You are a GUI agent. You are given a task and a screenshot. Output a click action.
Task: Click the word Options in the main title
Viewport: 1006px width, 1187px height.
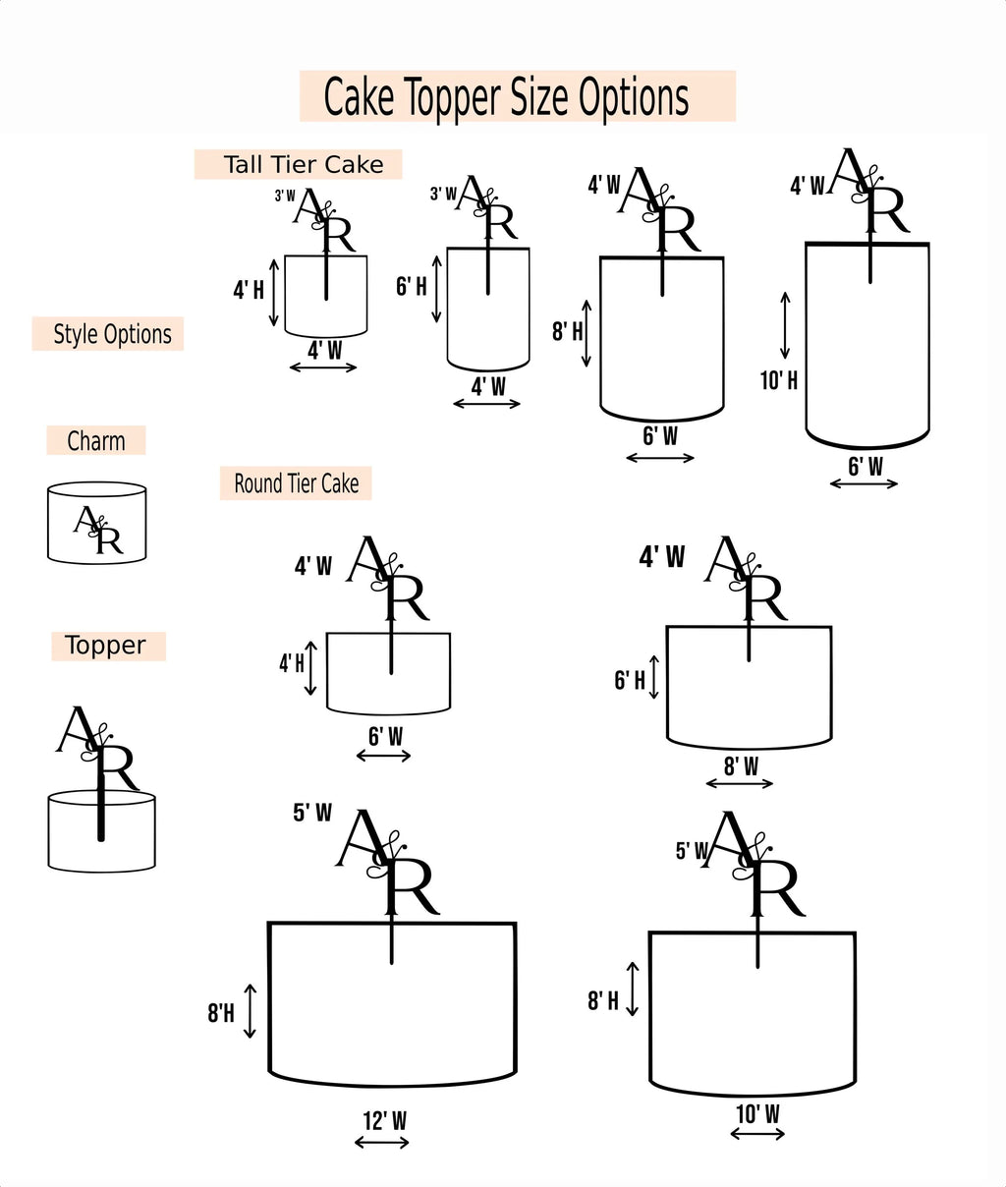pyautogui.click(x=634, y=97)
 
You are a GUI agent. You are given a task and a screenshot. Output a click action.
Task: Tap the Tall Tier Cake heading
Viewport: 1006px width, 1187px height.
pyautogui.click(x=303, y=164)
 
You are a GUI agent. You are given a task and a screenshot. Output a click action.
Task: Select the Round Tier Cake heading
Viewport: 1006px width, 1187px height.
pyautogui.click(x=296, y=483)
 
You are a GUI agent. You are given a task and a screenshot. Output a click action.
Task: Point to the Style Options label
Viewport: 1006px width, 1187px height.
pyautogui.click(x=112, y=334)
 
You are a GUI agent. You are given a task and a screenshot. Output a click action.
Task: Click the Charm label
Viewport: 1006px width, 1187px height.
pyautogui.click(x=96, y=441)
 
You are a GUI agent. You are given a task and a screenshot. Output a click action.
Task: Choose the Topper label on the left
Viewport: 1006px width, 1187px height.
pyautogui.click(x=105, y=646)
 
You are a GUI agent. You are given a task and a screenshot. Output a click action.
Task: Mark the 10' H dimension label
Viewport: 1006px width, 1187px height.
pyautogui.click(x=779, y=379)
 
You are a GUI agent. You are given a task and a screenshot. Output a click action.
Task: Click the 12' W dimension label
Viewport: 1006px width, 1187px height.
pyautogui.click(x=384, y=1120)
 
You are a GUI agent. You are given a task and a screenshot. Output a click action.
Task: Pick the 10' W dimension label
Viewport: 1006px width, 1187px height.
pyautogui.click(x=757, y=1113)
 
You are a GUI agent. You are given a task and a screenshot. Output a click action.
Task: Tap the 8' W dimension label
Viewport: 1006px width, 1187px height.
pyautogui.click(x=741, y=765)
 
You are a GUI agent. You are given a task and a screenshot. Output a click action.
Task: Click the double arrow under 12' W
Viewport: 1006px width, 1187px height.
pyautogui.click(x=382, y=1142)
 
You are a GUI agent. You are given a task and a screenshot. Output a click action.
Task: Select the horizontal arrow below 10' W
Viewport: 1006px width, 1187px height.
pyautogui.click(x=757, y=1134)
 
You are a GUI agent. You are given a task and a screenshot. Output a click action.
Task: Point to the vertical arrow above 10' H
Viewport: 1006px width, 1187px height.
pyautogui.click(x=785, y=324)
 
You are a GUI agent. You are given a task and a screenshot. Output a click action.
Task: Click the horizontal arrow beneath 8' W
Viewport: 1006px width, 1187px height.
pyautogui.click(x=740, y=783)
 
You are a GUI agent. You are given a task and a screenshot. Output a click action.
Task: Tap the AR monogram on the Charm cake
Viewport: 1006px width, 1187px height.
pyautogui.click(x=98, y=531)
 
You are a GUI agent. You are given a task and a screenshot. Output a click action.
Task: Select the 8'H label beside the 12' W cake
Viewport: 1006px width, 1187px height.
pyautogui.click(x=221, y=1013)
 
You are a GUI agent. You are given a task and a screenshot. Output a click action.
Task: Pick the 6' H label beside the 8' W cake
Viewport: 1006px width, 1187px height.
pyautogui.click(x=630, y=680)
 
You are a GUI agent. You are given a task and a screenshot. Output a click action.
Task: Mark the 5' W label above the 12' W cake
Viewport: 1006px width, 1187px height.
pyautogui.click(x=312, y=813)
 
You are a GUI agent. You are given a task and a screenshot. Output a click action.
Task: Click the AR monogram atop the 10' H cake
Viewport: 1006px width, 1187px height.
pyautogui.click(x=869, y=191)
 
